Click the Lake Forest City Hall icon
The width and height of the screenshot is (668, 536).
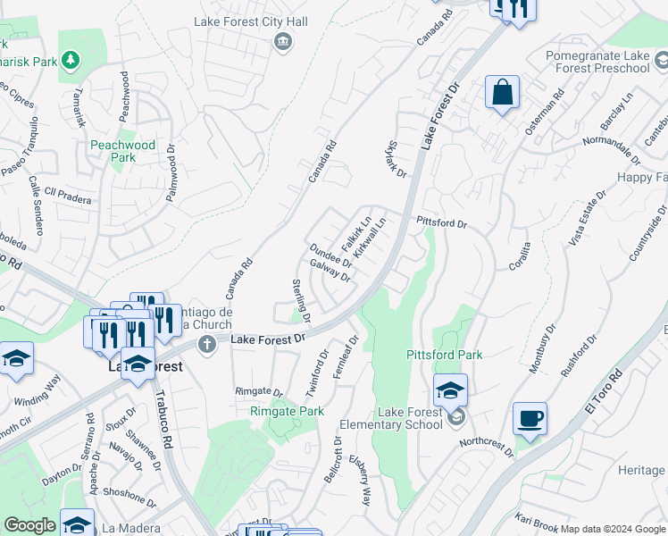(x=283, y=40)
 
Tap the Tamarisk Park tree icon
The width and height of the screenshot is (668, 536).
(x=70, y=60)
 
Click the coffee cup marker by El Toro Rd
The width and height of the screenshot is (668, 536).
(x=530, y=418)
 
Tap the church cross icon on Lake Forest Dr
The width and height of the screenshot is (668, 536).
(x=207, y=345)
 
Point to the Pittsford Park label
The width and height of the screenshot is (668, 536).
(x=445, y=355)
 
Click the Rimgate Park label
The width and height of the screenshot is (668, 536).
(x=286, y=411)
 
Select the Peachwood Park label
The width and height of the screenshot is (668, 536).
(x=121, y=151)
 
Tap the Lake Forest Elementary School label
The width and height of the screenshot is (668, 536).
(x=410, y=418)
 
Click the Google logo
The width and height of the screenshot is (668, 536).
(x=29, y=525)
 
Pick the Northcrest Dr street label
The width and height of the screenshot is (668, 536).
(x=487, y=448)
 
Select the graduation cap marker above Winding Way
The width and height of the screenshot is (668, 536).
(x=17, y=360)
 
